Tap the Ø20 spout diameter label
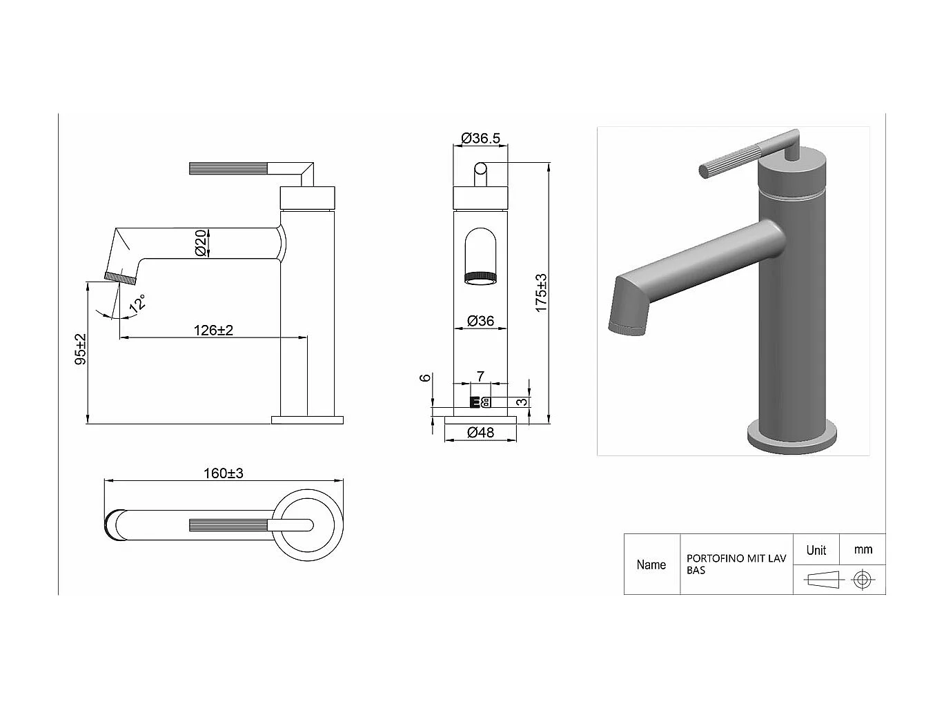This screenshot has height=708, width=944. [200, 243]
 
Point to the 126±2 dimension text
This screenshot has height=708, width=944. [213, 330]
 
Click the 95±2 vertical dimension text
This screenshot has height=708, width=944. [81, 349]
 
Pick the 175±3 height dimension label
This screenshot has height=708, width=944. [541, 293]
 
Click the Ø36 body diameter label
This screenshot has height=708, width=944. [480, 321]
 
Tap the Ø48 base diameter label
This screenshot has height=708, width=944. [480, 433]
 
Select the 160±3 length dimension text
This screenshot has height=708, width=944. [223, 473]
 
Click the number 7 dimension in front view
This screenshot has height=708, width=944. [480, 376]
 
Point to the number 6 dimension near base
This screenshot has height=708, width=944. [426, 377]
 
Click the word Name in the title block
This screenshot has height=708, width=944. [651, 564]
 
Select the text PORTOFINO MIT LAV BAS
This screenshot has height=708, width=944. [736, 564]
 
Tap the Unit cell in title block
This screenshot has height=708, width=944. [816, 550]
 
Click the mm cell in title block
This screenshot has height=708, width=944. [863, 550]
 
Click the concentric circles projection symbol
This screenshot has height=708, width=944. [861, 580]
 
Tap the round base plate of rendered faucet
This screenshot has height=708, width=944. [792, 442]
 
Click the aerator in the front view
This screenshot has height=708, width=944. [480, 278]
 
